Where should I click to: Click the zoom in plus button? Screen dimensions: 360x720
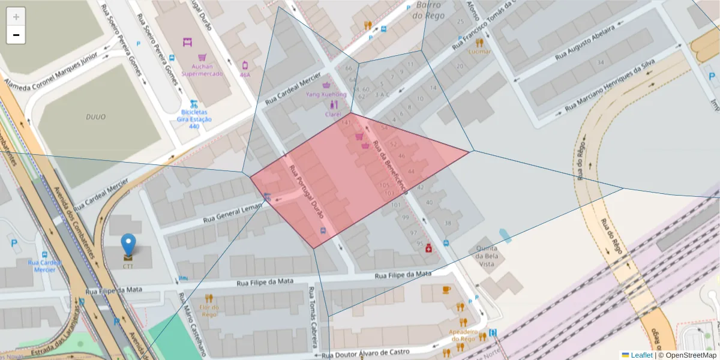[16, 17]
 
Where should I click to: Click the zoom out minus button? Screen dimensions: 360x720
[16, 35]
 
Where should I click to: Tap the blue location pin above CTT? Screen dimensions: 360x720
[128, 245]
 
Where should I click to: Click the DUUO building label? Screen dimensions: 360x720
[95, 117]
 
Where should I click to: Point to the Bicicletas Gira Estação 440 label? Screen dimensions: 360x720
[194, 119]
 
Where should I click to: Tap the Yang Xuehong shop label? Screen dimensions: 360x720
[326, 94]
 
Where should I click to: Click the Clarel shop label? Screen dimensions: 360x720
[333, 114]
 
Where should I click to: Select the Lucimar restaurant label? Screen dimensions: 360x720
[479, 52]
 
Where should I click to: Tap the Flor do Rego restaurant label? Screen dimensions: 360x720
[209, 310]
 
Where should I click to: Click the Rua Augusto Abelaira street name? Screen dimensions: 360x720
[585, 44]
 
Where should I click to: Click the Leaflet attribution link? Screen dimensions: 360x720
[641, 355]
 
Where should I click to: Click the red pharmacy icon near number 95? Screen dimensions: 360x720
[428, 248]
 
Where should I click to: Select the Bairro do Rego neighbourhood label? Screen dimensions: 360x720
[428, 10]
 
